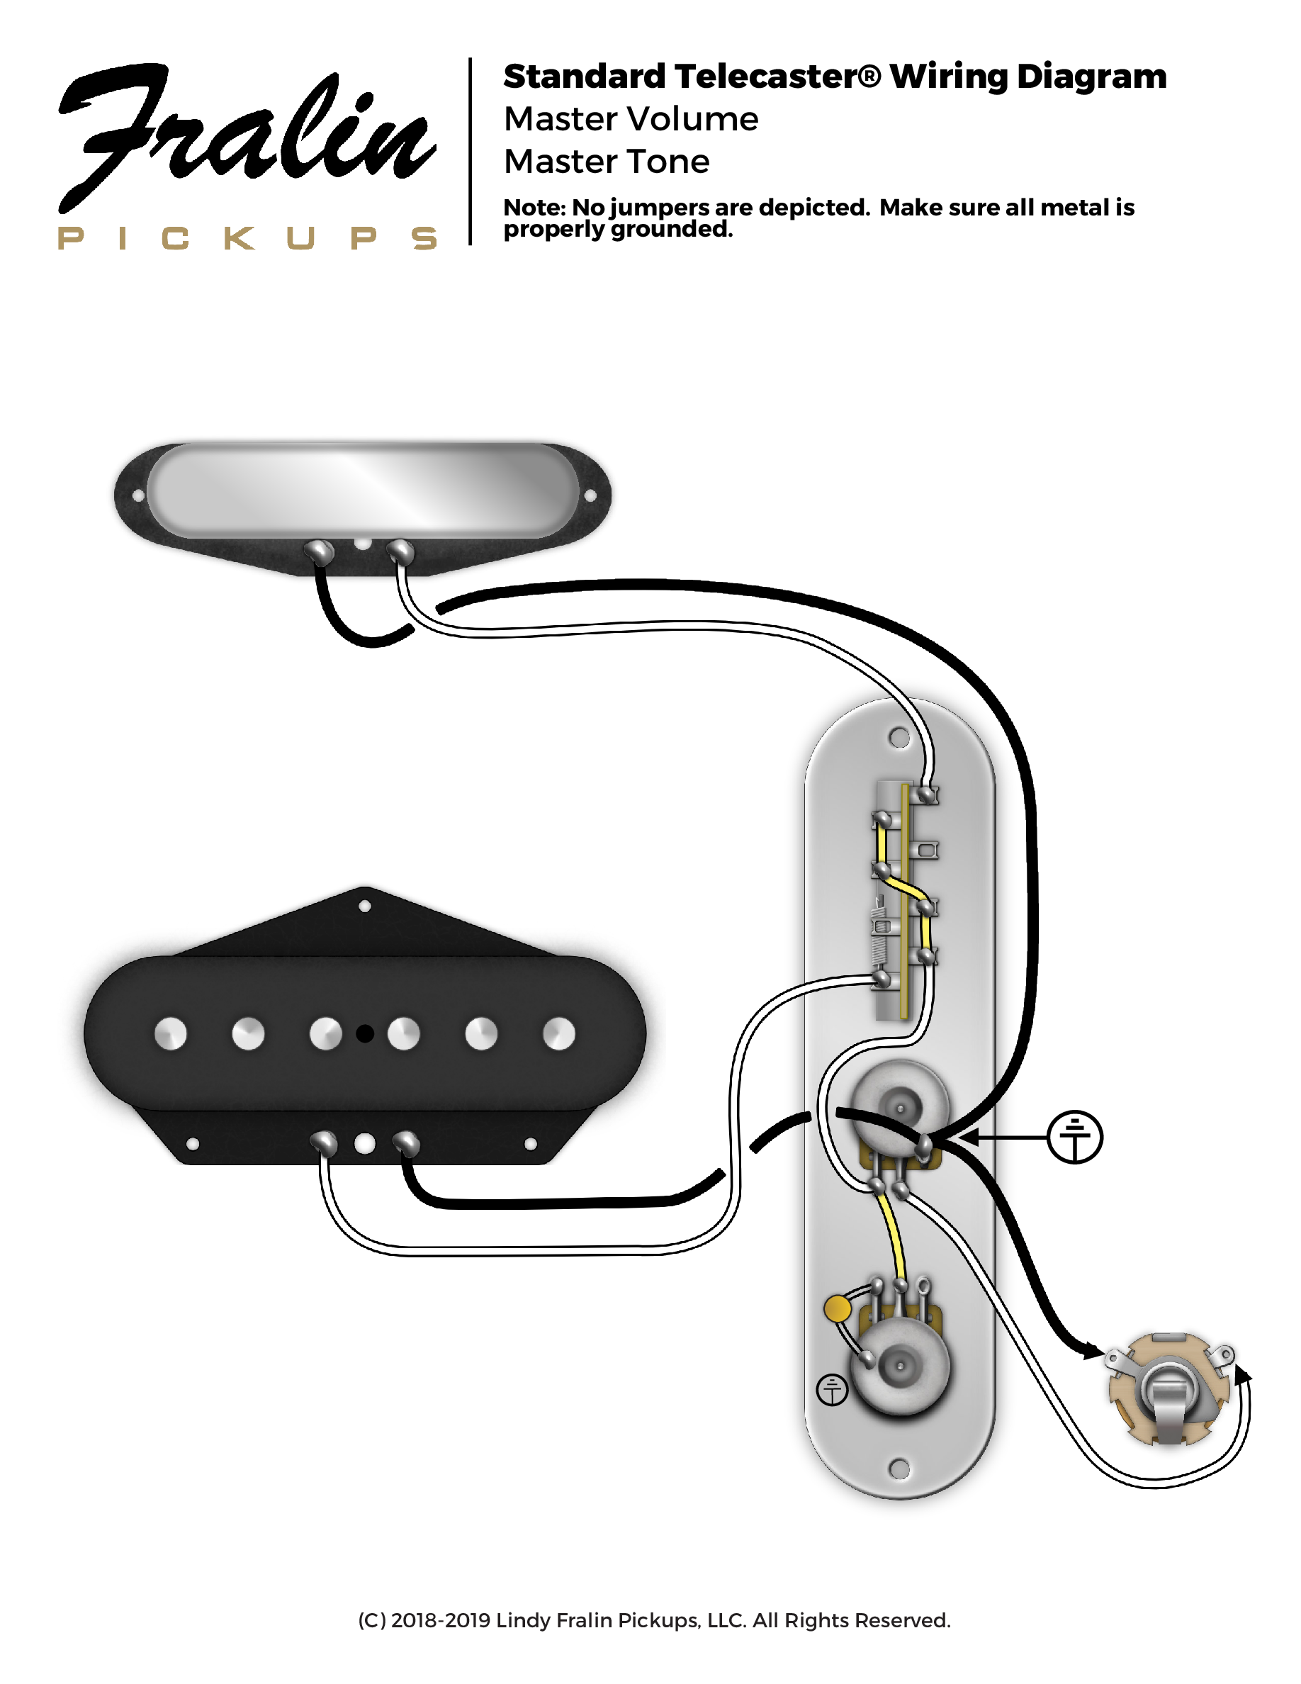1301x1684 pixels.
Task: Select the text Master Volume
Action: (x=631, y=119)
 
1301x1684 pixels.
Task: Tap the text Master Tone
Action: (x=606, y=161)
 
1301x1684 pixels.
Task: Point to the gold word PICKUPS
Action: (x=247, y=238)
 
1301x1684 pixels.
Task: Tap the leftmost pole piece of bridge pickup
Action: (x=170, y=1033)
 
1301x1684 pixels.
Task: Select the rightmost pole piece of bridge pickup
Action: (x=559, y=1033)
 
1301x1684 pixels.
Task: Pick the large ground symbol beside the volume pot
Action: (x=1074, y=1137)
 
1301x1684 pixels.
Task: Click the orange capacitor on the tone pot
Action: (x=837, y=1308)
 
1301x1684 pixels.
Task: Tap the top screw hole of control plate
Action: (x=899, y=737)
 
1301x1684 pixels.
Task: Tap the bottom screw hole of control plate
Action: (x=899, y=1468)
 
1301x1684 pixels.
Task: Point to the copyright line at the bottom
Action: (x=653, y=1620)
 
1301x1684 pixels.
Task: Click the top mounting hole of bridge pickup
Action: (x=364, y=906)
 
